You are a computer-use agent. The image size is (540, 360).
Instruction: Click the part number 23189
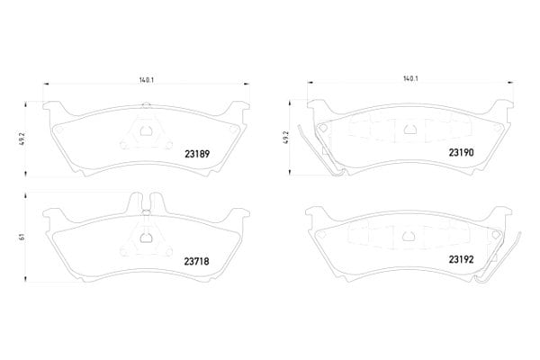click(197, 154)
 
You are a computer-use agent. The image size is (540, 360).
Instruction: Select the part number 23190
click(461, 152)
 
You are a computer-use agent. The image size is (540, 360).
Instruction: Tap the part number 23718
click(196, 262)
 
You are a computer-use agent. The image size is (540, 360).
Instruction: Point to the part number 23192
click(461, 259)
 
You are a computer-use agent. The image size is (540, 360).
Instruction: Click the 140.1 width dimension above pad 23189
click(147, 80)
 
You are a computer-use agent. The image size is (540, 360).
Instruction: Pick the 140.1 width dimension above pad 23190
click(410, 78)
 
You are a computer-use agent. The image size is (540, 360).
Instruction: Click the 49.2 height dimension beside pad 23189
click(23, 138)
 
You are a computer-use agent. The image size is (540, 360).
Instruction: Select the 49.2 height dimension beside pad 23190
click(285, 137)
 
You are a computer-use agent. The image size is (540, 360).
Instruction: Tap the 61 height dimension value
click(22, 237)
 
